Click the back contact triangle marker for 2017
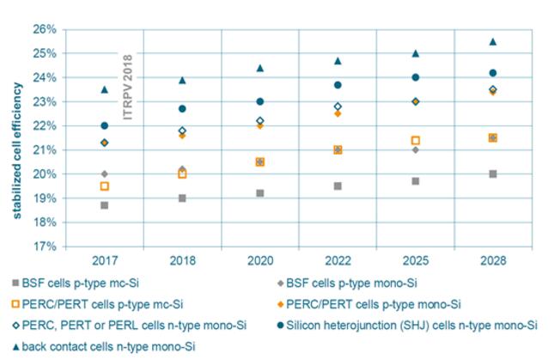click(105, 89)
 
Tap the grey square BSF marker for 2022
click(338, 186)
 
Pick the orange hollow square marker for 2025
click(415, 140)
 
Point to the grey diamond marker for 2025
click(415, 149)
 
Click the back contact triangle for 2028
click(493, 41)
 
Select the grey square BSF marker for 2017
click(105, 205)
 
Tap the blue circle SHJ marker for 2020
click(260, 101)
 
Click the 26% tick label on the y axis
click(44, 29)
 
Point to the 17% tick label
click(44, 247)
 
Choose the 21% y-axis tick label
click(44, 149)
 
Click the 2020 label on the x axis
click(260, 259)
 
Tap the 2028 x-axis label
click(493, 259)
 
